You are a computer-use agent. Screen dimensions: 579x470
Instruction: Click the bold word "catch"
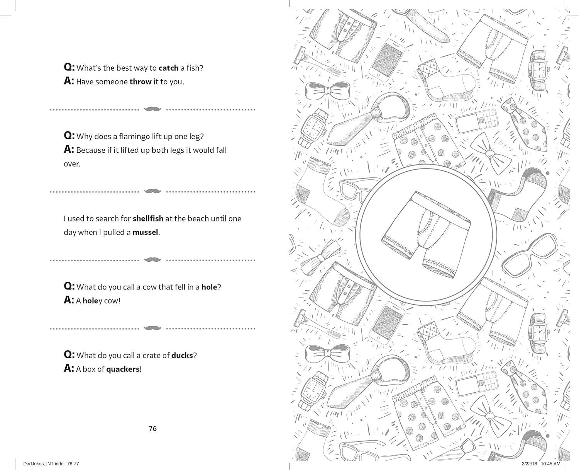169,68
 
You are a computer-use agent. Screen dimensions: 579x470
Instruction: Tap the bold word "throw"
140,82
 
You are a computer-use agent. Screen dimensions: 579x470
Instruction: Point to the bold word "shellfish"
148,218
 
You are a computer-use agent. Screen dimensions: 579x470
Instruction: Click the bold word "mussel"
145,232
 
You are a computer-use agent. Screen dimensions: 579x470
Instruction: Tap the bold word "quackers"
123,369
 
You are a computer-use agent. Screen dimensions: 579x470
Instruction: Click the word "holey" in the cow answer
92,301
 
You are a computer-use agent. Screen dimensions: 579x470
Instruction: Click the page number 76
153,429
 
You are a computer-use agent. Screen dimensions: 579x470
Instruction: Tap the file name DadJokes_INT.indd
44,464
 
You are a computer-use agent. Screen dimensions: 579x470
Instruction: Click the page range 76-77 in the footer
73,464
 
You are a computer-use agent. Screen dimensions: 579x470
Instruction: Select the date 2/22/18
530,464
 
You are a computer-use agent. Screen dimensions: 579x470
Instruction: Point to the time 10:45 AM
551,464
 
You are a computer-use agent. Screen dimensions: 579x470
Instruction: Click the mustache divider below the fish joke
153,109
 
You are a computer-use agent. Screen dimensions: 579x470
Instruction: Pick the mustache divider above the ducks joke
153,328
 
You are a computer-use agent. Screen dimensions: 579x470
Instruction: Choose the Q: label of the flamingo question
69,136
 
